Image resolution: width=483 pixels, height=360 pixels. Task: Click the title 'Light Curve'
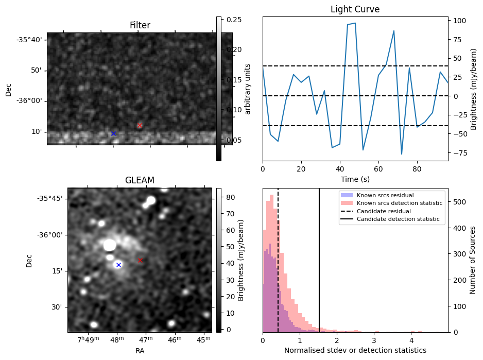[355, 9]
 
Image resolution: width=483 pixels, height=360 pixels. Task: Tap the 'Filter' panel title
[140, 25]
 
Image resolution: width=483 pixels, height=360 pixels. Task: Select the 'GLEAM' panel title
[140, 180]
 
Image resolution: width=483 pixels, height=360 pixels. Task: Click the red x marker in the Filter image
[140, 125]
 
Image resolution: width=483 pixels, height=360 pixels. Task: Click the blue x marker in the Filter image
[113, 133]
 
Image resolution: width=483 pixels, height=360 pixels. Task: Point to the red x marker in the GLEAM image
[140, 260]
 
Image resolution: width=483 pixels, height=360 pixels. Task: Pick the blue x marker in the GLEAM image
[118, 265]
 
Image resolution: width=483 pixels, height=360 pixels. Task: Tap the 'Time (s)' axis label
[355, 179]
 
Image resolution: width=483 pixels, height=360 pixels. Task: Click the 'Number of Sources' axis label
[473, 260]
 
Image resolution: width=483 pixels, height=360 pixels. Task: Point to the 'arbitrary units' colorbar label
[248, 89]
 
